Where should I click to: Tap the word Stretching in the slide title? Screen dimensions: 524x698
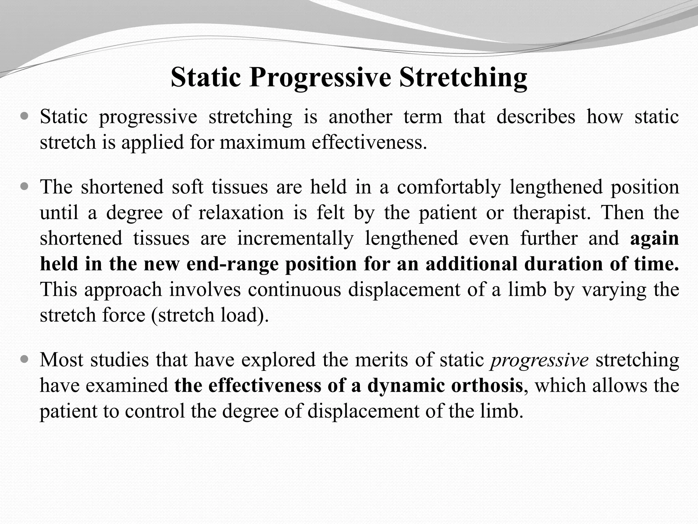pyautogui.click(x=463, y=78)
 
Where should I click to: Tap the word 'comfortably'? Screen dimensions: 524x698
pyautogui.click(x=449, y=187)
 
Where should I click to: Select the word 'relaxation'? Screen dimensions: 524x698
pyautogui.click(x=241, y=213)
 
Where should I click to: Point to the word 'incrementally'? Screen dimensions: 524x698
pyautogui.click(x=295, y=238)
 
